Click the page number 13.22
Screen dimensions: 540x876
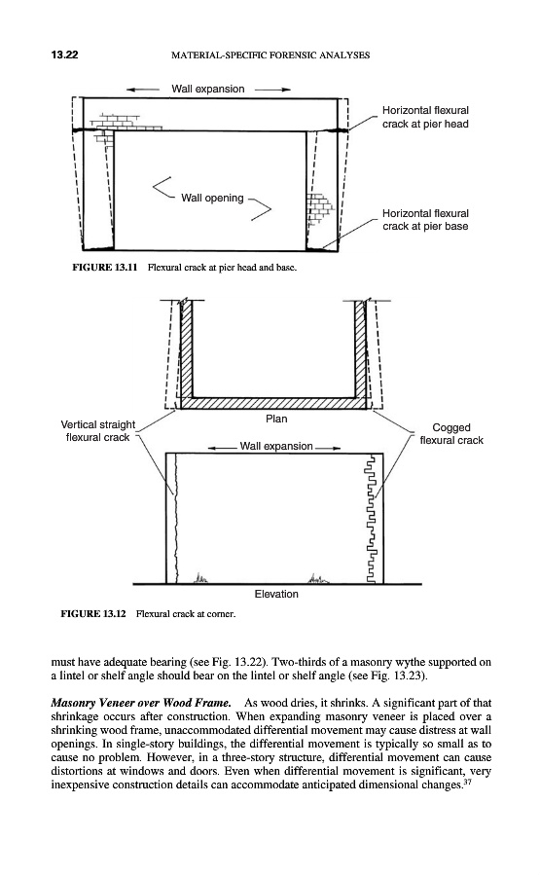point(64,55)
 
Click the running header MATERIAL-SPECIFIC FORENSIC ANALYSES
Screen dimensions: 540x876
point(270,55)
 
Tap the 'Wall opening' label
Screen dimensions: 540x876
point(212,198)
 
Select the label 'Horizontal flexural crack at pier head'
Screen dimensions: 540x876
point(425,118)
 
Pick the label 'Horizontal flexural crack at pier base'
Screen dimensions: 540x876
point(425,220)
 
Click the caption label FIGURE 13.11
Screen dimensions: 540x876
point(105,267)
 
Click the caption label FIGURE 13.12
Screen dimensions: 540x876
point(93,614)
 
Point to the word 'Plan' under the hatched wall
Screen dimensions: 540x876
point(276,419)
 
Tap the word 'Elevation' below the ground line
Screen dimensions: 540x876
point(276,594)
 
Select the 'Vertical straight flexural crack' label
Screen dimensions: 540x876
point(98,431)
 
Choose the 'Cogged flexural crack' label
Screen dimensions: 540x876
point(451,434)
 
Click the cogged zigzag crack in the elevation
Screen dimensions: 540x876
point(371,520)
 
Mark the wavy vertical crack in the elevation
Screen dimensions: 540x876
point(175,518)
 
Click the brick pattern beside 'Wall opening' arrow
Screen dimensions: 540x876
point(320,209)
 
